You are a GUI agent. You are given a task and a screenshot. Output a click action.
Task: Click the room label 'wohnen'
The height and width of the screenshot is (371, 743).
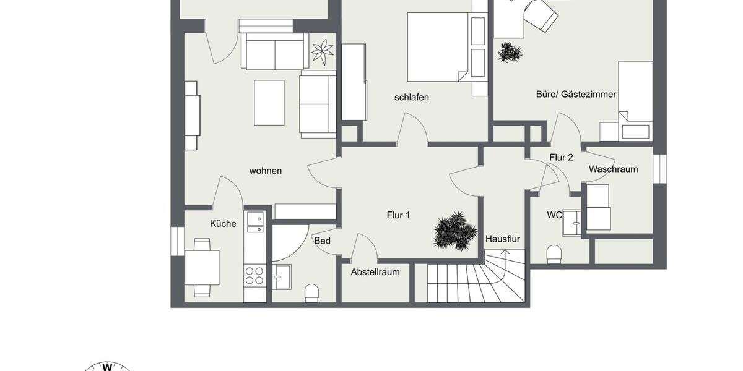(266, 171)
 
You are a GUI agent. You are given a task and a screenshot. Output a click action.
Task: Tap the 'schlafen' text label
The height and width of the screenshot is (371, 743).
(411, 97)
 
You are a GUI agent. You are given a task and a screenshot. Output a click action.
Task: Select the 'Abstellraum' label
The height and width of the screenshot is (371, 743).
(375, 272)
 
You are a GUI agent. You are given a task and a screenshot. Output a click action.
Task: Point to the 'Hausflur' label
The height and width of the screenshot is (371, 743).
(503, 239)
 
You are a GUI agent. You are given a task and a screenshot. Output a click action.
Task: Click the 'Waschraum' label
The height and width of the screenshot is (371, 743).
(613, 169)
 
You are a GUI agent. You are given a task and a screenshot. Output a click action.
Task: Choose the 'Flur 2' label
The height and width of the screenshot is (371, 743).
(561, 157)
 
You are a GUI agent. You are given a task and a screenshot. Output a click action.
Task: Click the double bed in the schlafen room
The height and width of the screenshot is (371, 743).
(438, 47)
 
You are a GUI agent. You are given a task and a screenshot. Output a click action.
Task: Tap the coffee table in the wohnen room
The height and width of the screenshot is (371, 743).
(269, 103)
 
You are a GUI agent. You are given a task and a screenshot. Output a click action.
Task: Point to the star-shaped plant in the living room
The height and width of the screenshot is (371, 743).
(322, 52)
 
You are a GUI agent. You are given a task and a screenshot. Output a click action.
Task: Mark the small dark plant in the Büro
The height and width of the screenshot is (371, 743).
(510, 53)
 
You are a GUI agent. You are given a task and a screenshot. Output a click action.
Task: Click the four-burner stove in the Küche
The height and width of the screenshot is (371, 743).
(254, 275)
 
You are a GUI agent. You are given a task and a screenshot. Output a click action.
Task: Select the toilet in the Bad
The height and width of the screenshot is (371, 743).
(311, 293)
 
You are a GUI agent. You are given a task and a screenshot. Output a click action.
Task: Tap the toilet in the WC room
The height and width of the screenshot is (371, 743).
(554, 254)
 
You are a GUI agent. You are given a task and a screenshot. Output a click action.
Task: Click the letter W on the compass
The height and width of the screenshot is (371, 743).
(106, 366)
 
